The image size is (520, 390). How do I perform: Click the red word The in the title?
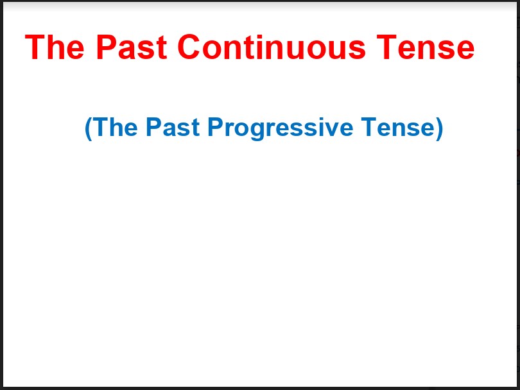coord(55,47)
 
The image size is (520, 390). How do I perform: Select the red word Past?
coord(132,47)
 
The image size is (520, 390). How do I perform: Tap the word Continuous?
coord(272,47)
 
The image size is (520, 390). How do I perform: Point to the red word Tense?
coord(425,47)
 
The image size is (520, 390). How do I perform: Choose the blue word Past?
coord(173,127)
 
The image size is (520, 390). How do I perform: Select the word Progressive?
coord(281,128)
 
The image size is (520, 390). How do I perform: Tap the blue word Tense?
coord(398,127)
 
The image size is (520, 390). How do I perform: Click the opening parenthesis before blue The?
coord(88,128)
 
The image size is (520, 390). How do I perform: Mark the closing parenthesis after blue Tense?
coord(439,128)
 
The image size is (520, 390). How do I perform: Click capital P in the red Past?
coord(107,47)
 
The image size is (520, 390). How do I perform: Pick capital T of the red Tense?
coord(386,47)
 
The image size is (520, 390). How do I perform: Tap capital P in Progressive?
coord(216,127)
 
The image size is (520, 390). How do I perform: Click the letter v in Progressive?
coord(330,130)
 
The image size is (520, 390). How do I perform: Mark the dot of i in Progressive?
coord(319,119)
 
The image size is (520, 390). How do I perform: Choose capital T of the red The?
coord(35,47)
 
